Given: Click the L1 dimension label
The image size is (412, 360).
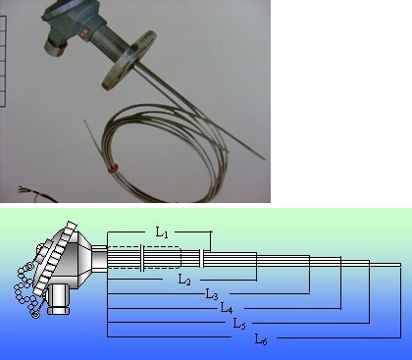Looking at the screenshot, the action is [x=162, y=232].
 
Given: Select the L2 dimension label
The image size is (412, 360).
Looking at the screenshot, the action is [x=184, y=280].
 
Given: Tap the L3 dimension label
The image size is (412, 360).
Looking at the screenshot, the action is [x=212, y=294].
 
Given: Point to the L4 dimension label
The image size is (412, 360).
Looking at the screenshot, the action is [x=227, y=308].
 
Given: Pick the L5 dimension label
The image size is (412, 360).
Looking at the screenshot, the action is [x=239, y=324].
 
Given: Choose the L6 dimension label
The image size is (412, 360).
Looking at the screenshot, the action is [x=261, y=338].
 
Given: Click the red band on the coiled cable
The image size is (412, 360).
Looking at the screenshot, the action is [x=113, y=169].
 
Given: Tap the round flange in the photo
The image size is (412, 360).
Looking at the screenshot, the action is [x=129, y=61].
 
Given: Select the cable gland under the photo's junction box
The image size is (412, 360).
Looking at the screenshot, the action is [x=55, y=47].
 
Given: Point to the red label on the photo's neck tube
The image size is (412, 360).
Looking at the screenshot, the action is [x=85, y=32].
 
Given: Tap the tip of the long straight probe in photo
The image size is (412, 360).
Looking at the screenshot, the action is [x=264, y=159].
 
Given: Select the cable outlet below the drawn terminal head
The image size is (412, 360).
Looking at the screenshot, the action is [x=59, y=299].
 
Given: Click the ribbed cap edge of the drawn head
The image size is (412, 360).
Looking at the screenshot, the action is [x=54, y=258].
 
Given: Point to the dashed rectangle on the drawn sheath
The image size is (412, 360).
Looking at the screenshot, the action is [x=144, y=258].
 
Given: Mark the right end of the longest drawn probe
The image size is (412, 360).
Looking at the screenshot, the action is [x=400, y=265].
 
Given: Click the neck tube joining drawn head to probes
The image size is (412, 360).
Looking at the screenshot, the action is [x=99, y=258].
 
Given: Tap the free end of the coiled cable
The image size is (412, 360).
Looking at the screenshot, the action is [x=85, y=121].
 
